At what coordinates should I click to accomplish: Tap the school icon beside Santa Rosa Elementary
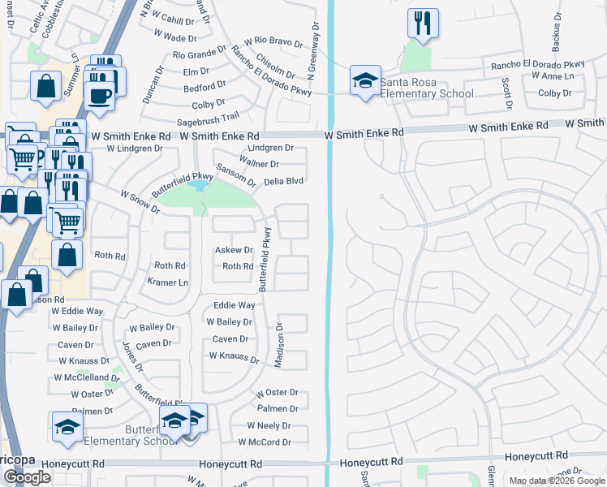click(365, 81)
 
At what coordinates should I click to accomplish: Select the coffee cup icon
click(100, 96)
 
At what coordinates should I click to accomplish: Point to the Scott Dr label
click(506, 93)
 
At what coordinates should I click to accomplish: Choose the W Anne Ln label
click(553, 75)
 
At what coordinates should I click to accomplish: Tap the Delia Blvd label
click(283, 181)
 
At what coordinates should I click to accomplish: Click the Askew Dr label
click(234, 251)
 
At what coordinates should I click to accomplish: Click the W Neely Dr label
click(269, 425)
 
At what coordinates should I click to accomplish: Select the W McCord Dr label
click(265, 442)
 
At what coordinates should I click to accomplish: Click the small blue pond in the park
click(197, 187)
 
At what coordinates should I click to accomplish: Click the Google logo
click(27, 477)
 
